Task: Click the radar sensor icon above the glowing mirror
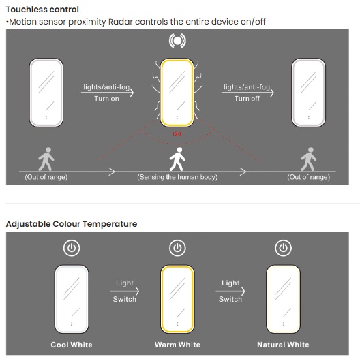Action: (x=177, y=41)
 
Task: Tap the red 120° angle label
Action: (x=177, y=133)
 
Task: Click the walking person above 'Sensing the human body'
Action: (x=177, y=159)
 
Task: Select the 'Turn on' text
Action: (x=106, y=99)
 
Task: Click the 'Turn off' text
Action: (x=247, y=99)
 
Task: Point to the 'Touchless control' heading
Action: (x=42, y=10)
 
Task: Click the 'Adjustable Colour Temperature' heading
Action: (x=72, y=224)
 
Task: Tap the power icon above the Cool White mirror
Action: (x=72, y=248)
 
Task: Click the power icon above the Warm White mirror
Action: (x=177, y=248)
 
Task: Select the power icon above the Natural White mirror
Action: (x=283, y=248)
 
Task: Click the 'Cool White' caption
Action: (x=72, y=345)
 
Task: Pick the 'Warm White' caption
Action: (x=177, y=345)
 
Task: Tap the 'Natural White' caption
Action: (x=283, y=345)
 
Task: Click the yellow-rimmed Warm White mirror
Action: (x=177, y=299)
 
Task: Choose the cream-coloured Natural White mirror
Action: (x=283, y=299)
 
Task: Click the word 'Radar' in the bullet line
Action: (x=121, y=22)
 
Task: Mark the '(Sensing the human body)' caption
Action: (x=177, y=177)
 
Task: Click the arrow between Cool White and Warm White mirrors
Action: (x=125, y=291)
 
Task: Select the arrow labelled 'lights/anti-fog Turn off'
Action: (x=247, y=93)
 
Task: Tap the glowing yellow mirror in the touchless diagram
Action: (x=177, y=93)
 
